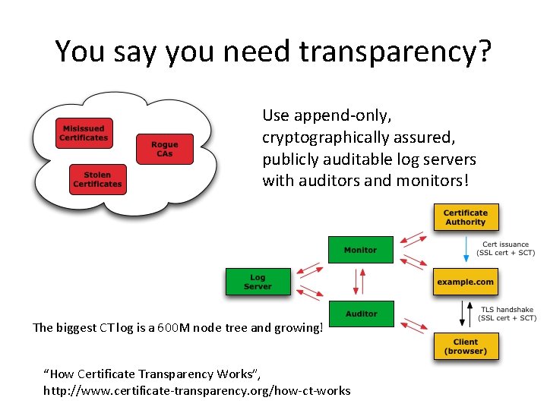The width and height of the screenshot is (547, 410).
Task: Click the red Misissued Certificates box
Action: pos(84,133)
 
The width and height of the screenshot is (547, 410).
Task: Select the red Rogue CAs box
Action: pos(165,149)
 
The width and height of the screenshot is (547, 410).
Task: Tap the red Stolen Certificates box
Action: pos(97,179)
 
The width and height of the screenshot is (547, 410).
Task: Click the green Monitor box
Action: pos(360,250)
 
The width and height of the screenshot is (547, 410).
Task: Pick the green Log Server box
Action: pos(258,282)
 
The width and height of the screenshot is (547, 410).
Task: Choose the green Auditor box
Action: pos(361,314)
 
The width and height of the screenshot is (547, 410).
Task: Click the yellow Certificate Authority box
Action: pos(465,217)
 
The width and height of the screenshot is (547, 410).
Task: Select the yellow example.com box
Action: pos(465,282)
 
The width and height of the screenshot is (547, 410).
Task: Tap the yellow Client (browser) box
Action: pos(465,346)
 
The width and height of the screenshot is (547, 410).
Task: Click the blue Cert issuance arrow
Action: pos(466,248)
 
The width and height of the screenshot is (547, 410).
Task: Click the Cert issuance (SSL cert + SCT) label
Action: pos(506,248)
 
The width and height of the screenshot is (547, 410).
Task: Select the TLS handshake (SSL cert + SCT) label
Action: pos(507,314)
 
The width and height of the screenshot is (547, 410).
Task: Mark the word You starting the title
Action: pos(79,52)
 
